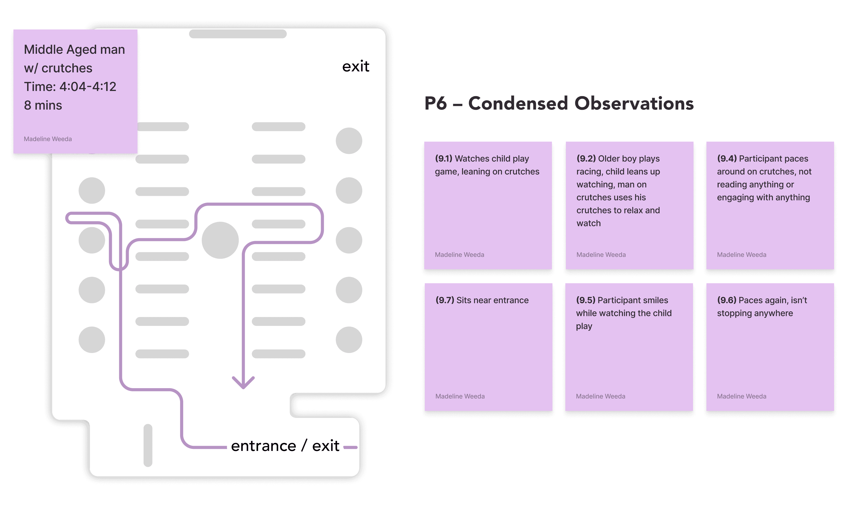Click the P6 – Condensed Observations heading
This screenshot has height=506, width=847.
pos(559,103)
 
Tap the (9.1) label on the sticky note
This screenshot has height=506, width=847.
pos(443,159)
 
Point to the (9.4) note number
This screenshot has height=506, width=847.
pos(727,159)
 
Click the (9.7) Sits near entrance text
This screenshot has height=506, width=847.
pos(482,300)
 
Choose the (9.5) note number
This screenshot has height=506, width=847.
pos(586,300)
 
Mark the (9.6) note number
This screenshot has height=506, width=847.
pos(727,300)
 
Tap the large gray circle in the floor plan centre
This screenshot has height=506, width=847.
pos(220,240)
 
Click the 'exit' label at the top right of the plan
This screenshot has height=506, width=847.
pos(356,66)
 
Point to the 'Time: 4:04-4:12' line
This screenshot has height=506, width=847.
pos(70,87)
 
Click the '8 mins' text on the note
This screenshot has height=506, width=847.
pos(43,105)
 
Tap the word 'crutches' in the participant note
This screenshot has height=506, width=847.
pos(67,68)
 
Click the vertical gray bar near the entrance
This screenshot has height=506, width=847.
pos(148,445)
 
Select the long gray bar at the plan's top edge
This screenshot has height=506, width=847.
pos(237,34)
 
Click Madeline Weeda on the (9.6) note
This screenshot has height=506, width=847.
pos(741,396)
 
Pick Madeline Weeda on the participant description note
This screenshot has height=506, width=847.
pos(48,139)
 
